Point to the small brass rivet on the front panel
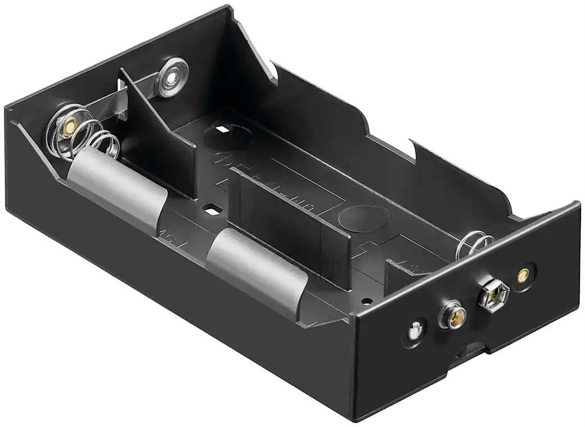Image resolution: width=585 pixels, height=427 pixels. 523,275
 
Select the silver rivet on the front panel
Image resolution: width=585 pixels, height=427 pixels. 414,331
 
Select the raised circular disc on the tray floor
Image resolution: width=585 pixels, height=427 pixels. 365,217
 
